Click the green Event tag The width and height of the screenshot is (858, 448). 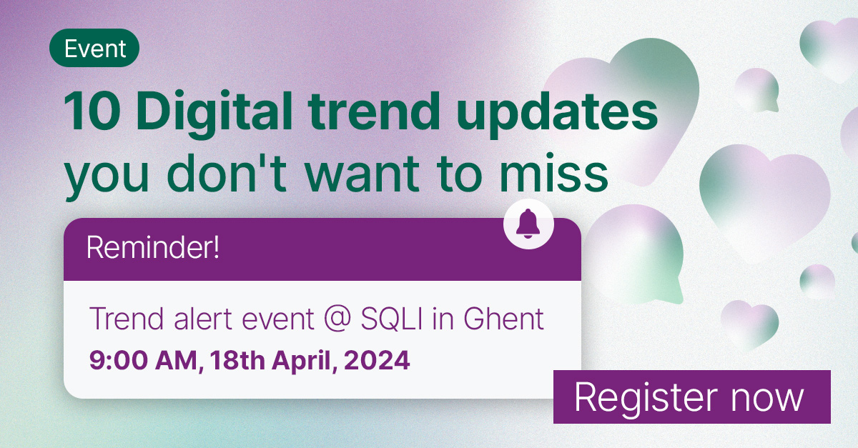94,49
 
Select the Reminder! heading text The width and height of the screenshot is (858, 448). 152,249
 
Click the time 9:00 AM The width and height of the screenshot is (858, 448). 143,359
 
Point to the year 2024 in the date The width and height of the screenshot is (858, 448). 376,359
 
